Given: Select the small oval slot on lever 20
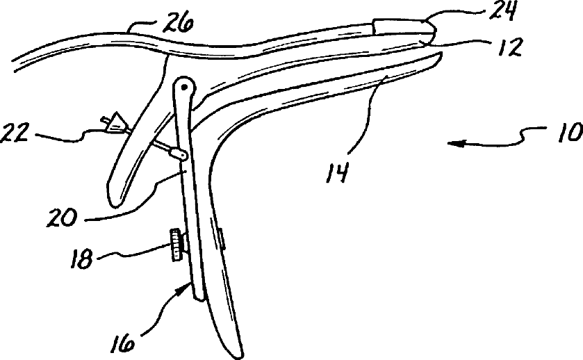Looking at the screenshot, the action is pos(180,154).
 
